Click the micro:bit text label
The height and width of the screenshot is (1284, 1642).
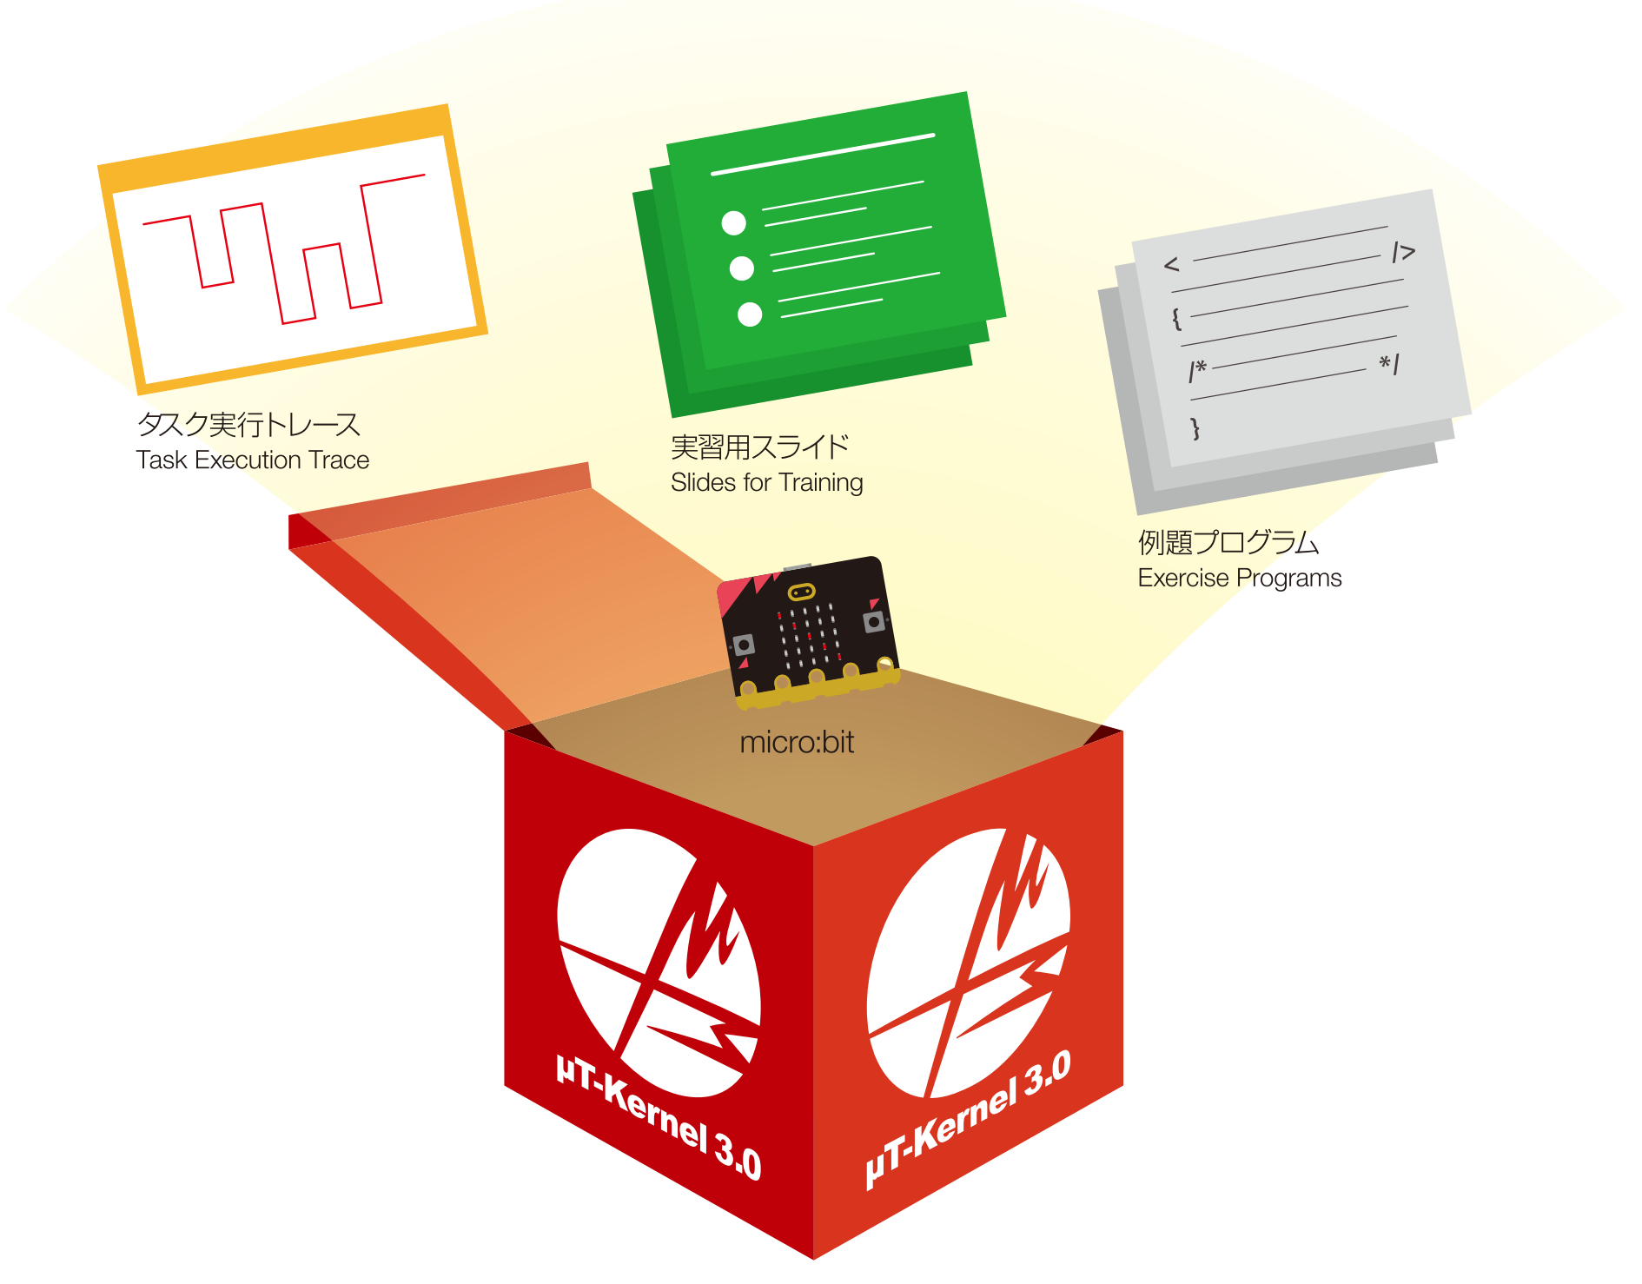click(797, 743)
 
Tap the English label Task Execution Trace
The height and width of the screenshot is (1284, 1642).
click(252, 460)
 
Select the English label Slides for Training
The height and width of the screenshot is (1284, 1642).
click(766, 482)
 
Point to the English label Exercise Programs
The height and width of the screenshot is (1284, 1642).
click(1239, 578)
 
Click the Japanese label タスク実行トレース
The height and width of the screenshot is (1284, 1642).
click(248, 424)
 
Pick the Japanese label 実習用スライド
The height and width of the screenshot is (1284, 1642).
click(759, 447)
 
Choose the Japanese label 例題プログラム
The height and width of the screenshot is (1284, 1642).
click(1228, 542)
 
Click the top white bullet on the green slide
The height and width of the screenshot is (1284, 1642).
click(733, 223)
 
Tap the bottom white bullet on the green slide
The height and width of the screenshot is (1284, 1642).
click(750, 314)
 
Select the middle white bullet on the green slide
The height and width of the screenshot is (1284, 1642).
click(741, 268)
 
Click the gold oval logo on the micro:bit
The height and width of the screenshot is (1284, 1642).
click(800, 592)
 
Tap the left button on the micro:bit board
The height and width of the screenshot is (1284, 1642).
click(744, 645)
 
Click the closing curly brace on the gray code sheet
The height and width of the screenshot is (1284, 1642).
click(1195, 427)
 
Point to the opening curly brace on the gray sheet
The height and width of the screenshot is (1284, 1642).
click(1176, 319)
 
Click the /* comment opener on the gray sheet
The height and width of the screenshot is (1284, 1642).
click(1197, 371)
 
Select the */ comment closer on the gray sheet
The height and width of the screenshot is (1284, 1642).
click(1389, 363)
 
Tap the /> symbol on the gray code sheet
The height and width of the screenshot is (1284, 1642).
click(1403, 253)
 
